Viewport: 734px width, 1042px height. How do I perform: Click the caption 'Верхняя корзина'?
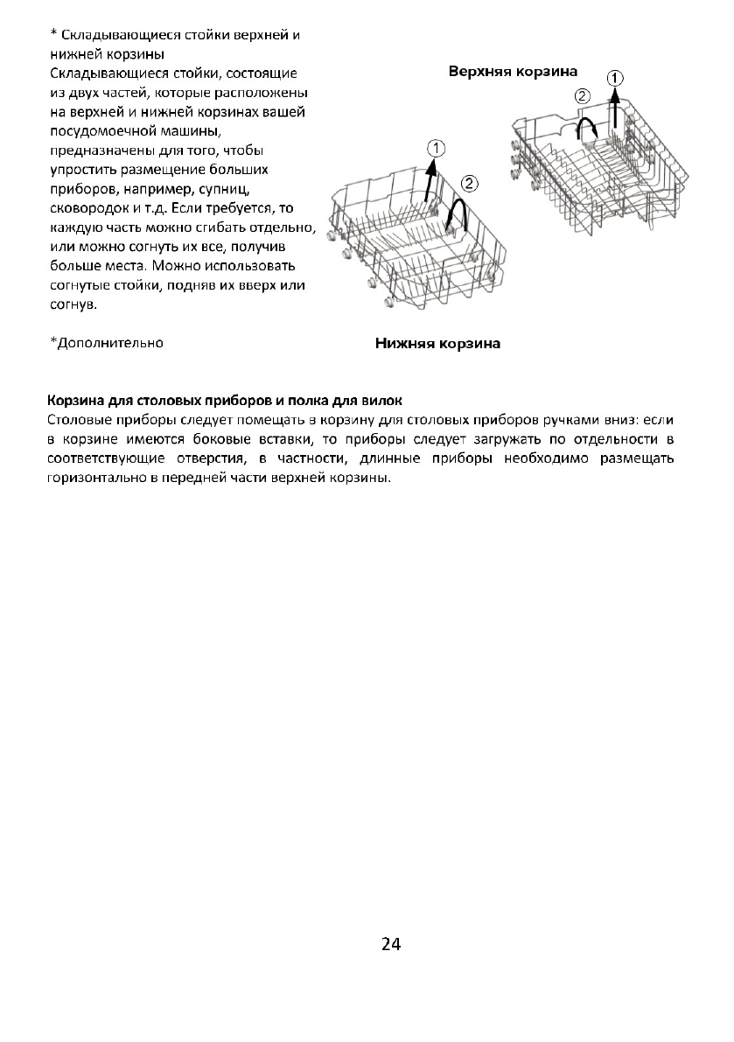[x=513, y=71]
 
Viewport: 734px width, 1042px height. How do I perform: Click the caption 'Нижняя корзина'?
[x=437, y=344]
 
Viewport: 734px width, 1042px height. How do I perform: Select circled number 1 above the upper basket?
[x=616, y=77]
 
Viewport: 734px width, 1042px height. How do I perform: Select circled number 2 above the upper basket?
[x=581, y=95]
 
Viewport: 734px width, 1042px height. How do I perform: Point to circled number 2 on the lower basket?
[x=469, y=183]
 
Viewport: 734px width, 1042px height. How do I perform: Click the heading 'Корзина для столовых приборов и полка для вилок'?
[x=225, y=402]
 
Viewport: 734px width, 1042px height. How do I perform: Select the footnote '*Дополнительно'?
[x=106, y=342]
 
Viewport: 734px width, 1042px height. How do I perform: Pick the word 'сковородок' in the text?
[x=84, y=206]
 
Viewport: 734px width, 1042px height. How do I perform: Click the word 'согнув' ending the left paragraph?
[x=72, y=304]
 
